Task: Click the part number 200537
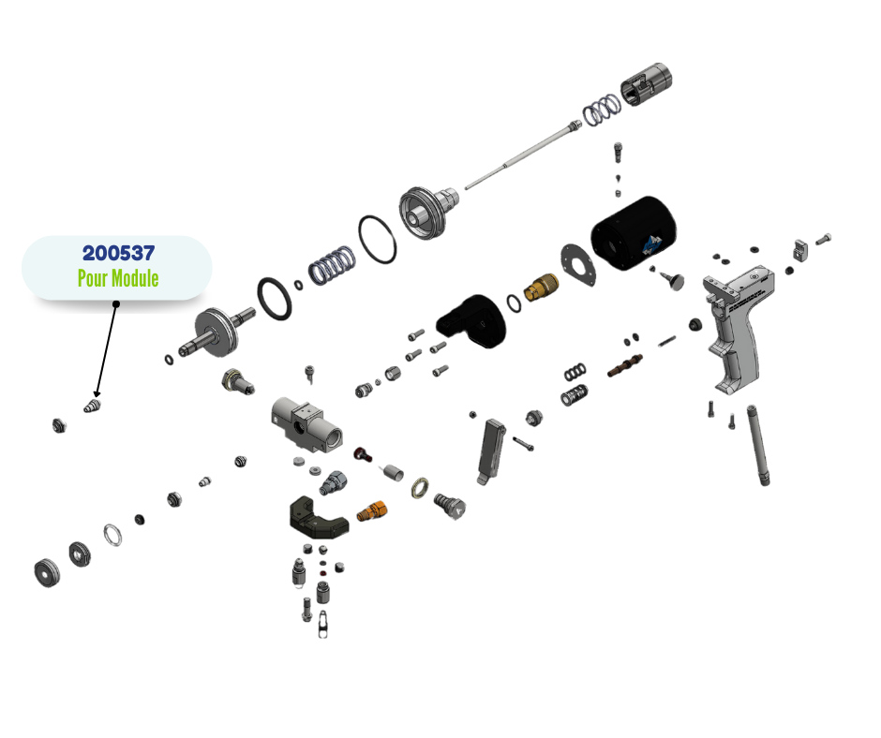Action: click(x=117, y=253)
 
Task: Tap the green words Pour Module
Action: click(x=117, y=278)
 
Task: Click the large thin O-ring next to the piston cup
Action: click(x=377, y=240)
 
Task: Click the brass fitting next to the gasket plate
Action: click(x=541, y=287)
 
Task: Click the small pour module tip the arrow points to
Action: click(x=93, y=406)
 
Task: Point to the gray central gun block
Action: click(x=306, y=421)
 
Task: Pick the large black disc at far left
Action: click(x=45, y=572)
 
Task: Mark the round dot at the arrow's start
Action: click(x=116, y=303)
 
